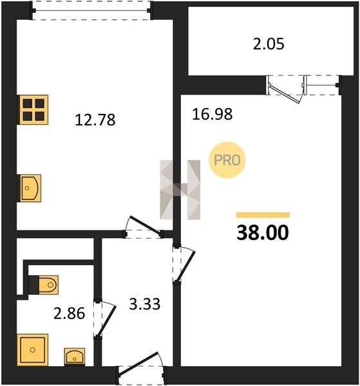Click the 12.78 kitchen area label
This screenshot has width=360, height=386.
click(95, 120)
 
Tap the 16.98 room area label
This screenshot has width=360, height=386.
click(212, 115)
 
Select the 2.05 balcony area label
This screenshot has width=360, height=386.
click(269, 44)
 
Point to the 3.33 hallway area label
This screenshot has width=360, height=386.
click(145, 304)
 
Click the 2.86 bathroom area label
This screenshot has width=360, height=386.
click(70, 313)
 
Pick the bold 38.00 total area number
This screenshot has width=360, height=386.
click(262, 233)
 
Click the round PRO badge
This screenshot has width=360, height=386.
click(227, 160)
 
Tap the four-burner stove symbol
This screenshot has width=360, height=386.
click(33, 109)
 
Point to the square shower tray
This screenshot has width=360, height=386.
click(33, 349)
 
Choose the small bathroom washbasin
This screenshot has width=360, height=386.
click(75, 356)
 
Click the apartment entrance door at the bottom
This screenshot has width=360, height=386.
click(141, 368)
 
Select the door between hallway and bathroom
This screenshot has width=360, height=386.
click(104, 319)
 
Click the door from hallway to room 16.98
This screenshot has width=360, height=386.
click(184, 264)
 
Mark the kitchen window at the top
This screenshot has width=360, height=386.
click(91, 10)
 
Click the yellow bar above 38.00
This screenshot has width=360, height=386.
click(263, 215)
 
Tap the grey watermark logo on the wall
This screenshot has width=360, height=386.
click(180, 190)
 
